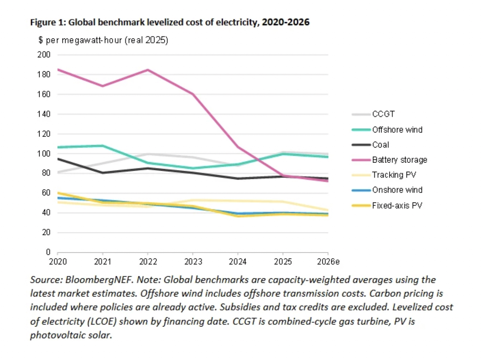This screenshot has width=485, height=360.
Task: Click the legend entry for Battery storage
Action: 399,160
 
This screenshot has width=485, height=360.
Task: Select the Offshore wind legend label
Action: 397,130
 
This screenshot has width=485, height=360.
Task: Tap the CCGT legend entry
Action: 383,114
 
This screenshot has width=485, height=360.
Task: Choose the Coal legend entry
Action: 381,145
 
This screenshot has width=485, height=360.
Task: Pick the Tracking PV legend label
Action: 394,175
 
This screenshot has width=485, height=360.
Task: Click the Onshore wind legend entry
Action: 397,190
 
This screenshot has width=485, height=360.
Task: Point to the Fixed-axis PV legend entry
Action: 397,206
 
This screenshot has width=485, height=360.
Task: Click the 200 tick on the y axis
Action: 44,55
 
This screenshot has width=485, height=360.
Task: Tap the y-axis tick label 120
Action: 44,134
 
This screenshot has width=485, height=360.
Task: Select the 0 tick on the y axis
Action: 48,252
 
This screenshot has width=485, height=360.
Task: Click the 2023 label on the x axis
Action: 193,262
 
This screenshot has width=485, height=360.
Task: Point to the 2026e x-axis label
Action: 328,262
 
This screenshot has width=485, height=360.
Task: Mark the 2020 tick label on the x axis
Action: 58,262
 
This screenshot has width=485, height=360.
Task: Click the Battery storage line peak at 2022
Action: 148,70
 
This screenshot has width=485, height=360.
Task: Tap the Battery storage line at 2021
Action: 103,86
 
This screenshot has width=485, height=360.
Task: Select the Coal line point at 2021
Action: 103,173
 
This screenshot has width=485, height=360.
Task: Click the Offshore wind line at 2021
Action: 103,145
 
